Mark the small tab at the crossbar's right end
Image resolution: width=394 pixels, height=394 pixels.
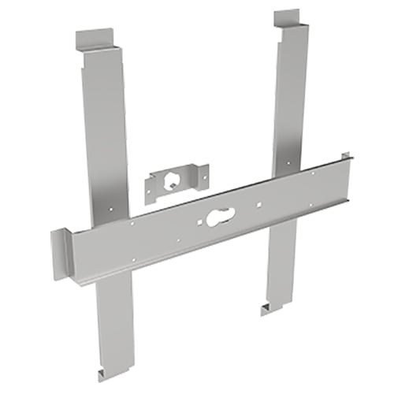point(344,158)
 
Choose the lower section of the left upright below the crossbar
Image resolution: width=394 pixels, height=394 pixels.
point(115,323)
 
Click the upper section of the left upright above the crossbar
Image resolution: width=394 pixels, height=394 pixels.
point(102,134)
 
